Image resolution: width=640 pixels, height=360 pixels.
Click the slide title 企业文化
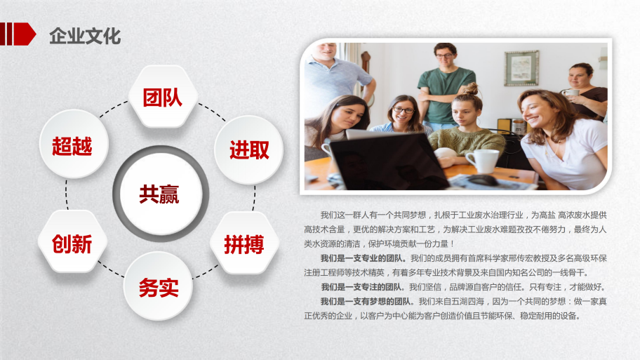tap(85, 36)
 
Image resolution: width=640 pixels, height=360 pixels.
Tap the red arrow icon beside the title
tap(18, 34)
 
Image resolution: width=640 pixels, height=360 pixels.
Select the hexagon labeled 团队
tap(163, 97)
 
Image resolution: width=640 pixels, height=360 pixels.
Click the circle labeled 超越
tap(74, 144)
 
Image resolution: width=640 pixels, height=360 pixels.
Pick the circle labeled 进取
tap(248, 149)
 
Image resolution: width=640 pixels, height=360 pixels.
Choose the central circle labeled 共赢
tap(161, 194)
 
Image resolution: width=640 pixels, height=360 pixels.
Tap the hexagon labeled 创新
tap(72, 241)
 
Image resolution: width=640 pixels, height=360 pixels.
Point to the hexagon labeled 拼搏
tap(244, 244)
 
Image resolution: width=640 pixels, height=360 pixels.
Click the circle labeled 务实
tap(158, 286)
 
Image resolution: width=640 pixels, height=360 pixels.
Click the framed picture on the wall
tap(521, 68)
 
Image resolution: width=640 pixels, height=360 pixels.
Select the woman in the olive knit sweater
tap(465, 126)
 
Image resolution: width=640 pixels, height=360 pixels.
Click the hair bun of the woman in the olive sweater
tap(472, 88)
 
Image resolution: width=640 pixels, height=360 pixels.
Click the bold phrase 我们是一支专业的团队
tap(364, 258)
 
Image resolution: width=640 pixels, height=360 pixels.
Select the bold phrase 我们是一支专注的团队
tap(364, 287)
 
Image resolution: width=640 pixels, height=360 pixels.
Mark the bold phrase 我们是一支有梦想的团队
tap(367, 302)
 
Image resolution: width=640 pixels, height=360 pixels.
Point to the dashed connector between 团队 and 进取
tap(212, 112)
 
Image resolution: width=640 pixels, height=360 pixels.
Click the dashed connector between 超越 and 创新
tap(67, 194)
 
